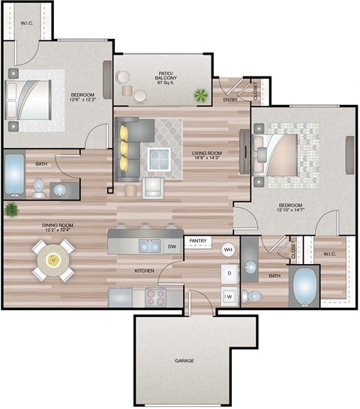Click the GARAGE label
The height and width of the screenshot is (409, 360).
pos(184,361)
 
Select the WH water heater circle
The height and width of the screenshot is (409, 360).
pos(228,249)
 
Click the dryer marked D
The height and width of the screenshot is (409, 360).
pos(228,272)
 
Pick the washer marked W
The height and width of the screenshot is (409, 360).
pos(228,296)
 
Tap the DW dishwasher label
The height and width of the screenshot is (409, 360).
pos(172,245)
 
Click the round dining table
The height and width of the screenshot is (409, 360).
pos(53,260)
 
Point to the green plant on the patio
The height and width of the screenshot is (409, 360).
pos(200,95)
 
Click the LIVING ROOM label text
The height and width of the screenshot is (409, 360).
pos(208,152)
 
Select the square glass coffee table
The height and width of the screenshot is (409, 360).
pos(159,160)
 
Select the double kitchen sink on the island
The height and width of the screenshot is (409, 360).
pos(148,245)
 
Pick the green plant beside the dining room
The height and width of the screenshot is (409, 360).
pos(11,210)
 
